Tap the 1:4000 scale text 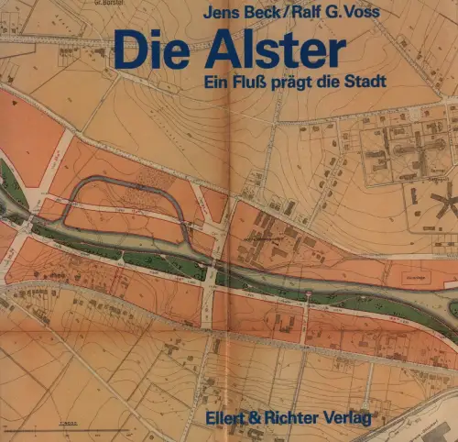64,418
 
